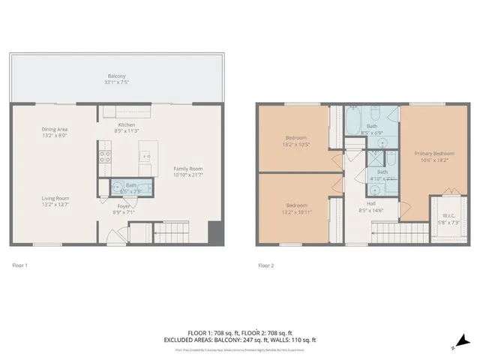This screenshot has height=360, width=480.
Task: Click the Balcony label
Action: [x=116, y=76]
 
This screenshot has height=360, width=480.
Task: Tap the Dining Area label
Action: [x=54, y=129]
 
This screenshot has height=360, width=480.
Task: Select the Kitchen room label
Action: [x=126, y=124]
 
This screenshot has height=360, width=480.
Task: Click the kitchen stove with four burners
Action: [x=106, y=157]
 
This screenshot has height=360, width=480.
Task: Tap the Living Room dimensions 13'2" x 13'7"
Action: [x=55, y=204]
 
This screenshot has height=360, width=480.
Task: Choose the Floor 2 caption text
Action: [x=267, y=265]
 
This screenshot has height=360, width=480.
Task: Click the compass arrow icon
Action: [x=463, y=340]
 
